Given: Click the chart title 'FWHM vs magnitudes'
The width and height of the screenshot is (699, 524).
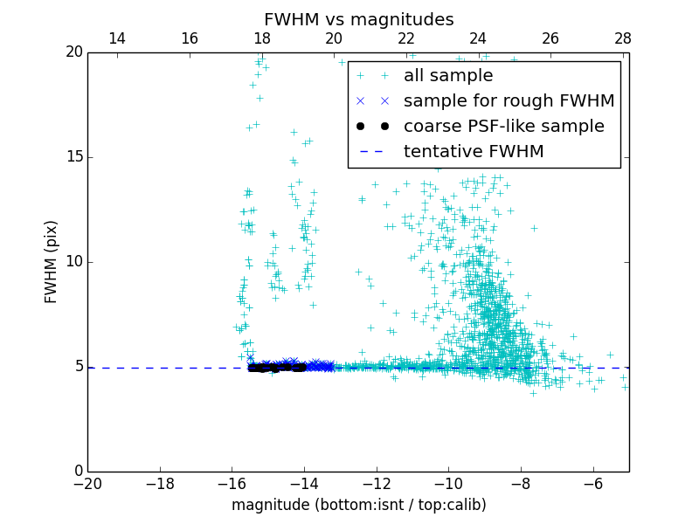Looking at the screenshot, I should [x=358, y=19].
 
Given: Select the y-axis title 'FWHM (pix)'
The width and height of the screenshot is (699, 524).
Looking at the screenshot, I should [x=52, y=262].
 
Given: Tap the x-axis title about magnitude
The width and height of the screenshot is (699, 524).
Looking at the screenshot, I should [x=358, y=505].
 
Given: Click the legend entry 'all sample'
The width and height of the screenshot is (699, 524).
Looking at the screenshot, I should [x=447, y=76].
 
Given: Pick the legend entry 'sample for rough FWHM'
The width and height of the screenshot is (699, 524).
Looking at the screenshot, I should [x=509, y=101].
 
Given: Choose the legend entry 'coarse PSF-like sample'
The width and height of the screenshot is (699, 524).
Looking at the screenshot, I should [x=503, y=127].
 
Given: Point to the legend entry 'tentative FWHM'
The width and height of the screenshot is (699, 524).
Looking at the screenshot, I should [x=473, y=152].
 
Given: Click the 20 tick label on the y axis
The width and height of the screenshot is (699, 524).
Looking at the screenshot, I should [x=73, y=52].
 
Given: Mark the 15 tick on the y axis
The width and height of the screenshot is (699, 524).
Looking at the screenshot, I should [x=73, y=157].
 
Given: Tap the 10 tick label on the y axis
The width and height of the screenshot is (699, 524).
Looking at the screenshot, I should [x=73, y=262].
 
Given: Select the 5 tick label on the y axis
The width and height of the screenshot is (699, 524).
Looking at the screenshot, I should [x=77, y=367].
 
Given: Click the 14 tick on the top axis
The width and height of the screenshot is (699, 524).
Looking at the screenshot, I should [x=116, y=38].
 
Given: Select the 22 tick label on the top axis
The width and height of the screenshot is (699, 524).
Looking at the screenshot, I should [x=406, y=38].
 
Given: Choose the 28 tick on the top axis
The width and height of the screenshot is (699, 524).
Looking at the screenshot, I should [x=623, y=38].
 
